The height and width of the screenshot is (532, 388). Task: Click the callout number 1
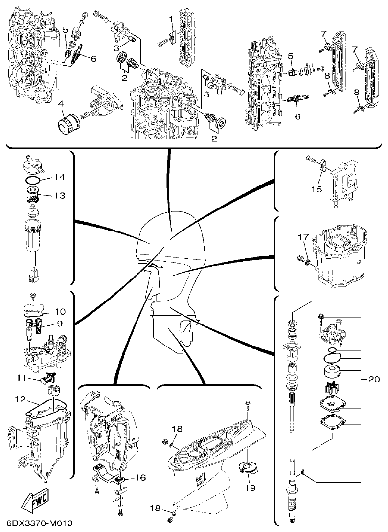[171, 18]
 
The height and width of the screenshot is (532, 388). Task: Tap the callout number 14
[59, 176]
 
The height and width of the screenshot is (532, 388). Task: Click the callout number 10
[60, 311]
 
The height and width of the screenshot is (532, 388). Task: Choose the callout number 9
[60, 324]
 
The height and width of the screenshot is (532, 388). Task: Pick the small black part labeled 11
[48, 378]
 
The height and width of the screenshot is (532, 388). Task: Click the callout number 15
[317, 188]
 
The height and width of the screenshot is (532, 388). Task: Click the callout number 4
[61, 104]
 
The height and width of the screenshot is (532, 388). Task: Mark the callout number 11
[21, 377]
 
